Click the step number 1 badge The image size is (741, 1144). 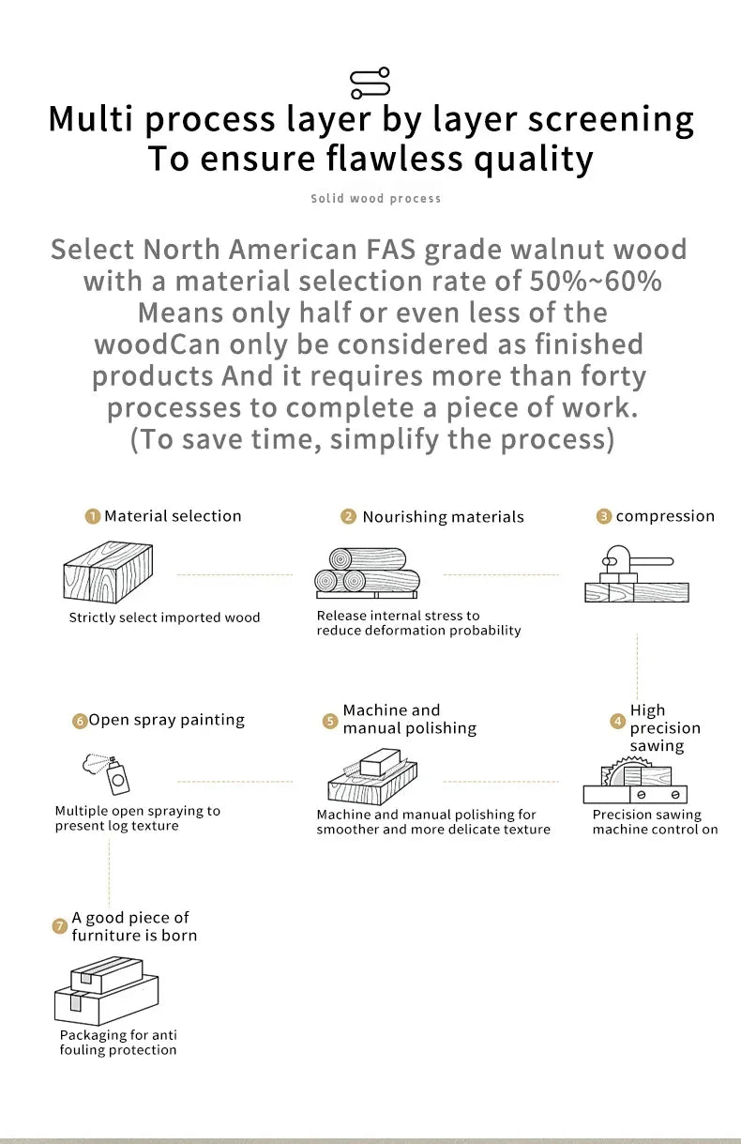(92, 516)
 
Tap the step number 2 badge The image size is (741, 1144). (348, 516)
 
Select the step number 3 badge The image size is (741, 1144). (604, 516)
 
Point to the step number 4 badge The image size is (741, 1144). (618, 721)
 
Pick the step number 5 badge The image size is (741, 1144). (329, 721)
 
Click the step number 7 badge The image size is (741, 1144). (60, 926)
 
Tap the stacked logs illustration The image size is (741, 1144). (368, 573)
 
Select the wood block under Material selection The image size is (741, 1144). (108, 572)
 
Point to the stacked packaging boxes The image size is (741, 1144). (106, 991)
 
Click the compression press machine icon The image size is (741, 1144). (636, 573)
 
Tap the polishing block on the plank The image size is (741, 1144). (380, 762)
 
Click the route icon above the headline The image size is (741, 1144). (370, 83)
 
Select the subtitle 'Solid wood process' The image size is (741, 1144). (376, 198)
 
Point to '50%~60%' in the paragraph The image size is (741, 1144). (595, 281)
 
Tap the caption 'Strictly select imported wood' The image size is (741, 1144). (164, 618)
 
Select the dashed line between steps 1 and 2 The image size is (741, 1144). (234, 574)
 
